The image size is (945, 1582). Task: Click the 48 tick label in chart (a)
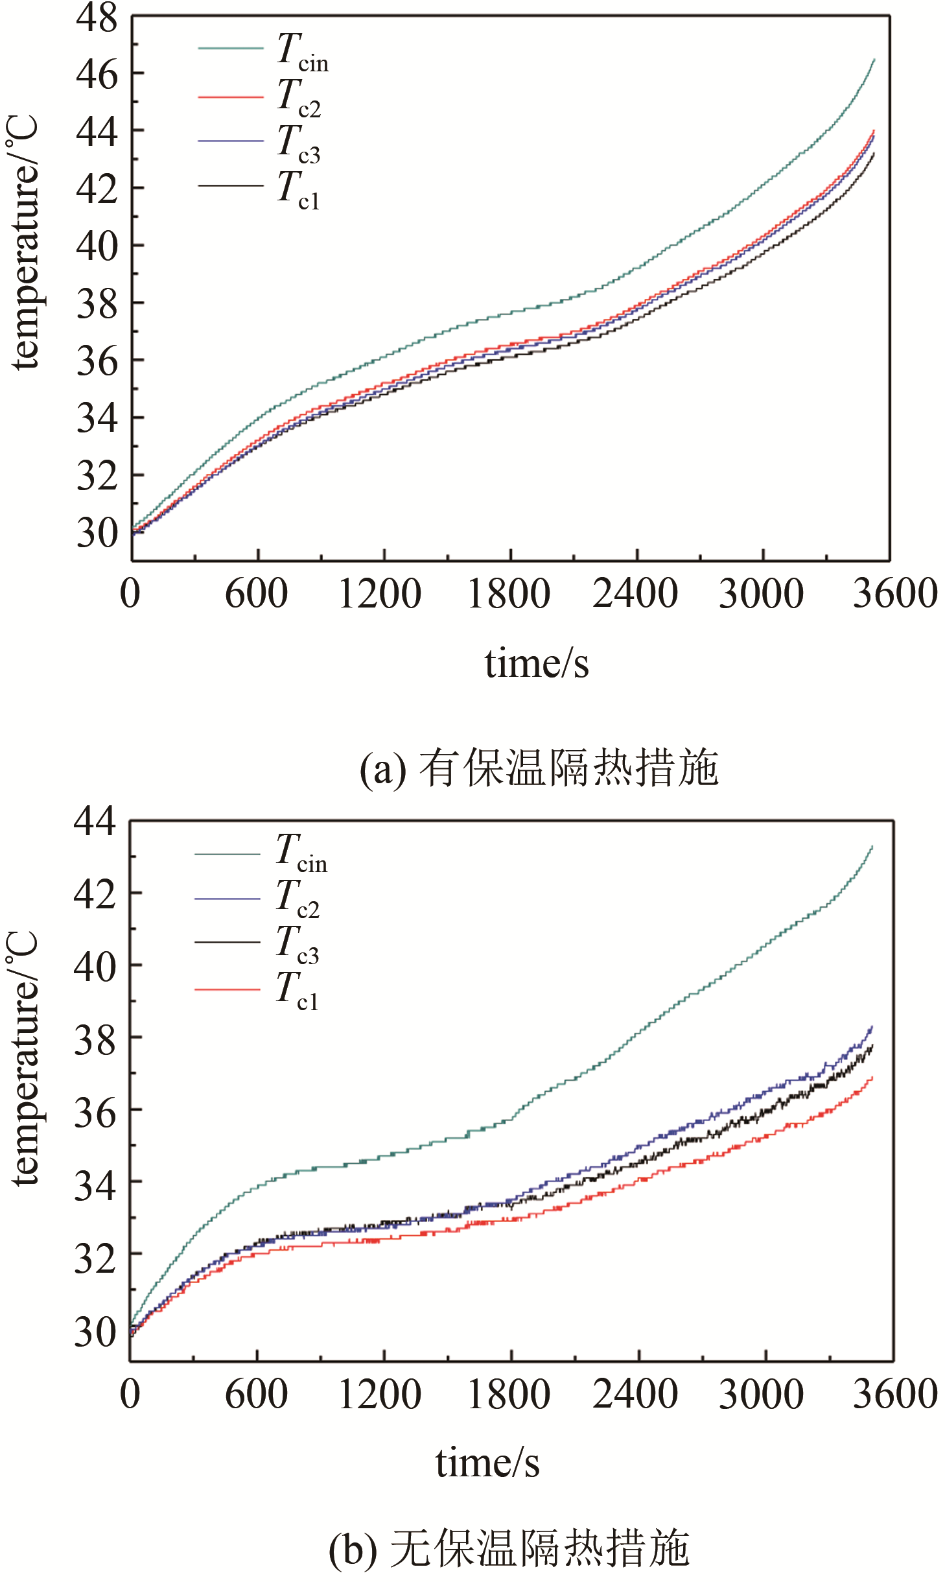97,18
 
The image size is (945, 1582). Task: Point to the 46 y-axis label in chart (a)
97,75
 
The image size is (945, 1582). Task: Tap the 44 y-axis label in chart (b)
95,821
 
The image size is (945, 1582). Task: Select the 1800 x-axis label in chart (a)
509,593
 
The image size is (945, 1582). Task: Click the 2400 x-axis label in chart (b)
635,1394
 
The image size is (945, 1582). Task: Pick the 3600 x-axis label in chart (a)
895,593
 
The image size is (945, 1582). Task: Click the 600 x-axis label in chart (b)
257,1394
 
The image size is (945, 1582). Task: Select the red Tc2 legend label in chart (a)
299,97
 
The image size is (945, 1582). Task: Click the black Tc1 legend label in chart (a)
298,190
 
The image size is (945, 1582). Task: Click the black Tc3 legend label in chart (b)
297,944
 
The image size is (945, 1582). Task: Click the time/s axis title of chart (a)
537,663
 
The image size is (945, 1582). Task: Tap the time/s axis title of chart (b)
487,1463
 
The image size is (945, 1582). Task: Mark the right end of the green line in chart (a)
874,60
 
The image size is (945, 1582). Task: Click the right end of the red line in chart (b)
872,1077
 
